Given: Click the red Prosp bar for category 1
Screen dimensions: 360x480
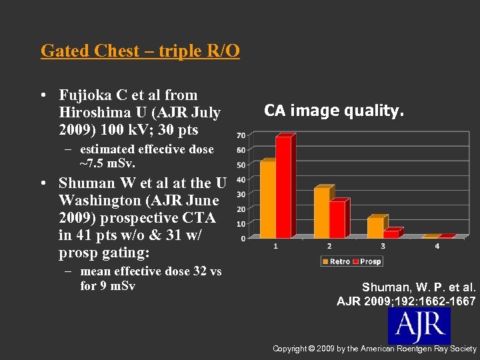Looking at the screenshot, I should point(283,187).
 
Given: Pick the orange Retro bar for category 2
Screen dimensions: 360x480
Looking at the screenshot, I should point(321,213).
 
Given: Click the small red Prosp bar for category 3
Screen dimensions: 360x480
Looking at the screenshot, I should point(391,233).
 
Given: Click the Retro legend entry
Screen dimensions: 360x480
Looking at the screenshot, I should point(337,261).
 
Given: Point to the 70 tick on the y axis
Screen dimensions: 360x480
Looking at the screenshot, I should point(240,135).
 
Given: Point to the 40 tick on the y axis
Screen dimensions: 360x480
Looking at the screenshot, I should point(240,179).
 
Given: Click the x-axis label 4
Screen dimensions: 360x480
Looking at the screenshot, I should point(437,247).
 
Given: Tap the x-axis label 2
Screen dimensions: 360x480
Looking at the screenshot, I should point(329,247).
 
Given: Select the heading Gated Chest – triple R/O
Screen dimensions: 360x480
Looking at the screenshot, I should point(140,51).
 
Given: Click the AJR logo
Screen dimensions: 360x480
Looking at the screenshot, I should point(419,325).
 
